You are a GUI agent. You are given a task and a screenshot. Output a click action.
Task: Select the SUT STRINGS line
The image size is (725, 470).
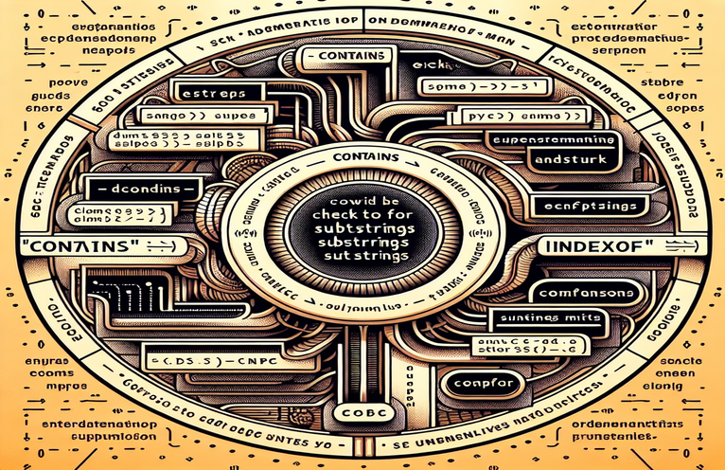(363, 256)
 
